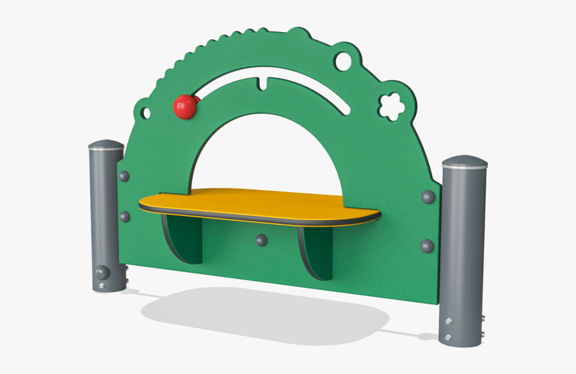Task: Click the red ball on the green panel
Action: click(x=185, y=107)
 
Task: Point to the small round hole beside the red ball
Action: click(x=146, y=113)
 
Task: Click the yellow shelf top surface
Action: click(x=256, y=202)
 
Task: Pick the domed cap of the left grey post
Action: click(x=106, y=145)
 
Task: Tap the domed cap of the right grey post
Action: click(x=465, y=161)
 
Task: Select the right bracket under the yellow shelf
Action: click(x=315, y=252)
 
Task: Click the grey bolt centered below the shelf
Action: click(x=260, y=240)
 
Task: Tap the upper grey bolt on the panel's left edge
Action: click(x=124, y=176)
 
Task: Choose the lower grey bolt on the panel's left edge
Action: click(x=125, y=216)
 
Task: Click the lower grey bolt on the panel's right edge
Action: click(x=427, y=245)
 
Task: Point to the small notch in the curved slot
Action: click(x=263, y=84)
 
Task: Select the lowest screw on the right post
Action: click(x=449, y=337)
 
